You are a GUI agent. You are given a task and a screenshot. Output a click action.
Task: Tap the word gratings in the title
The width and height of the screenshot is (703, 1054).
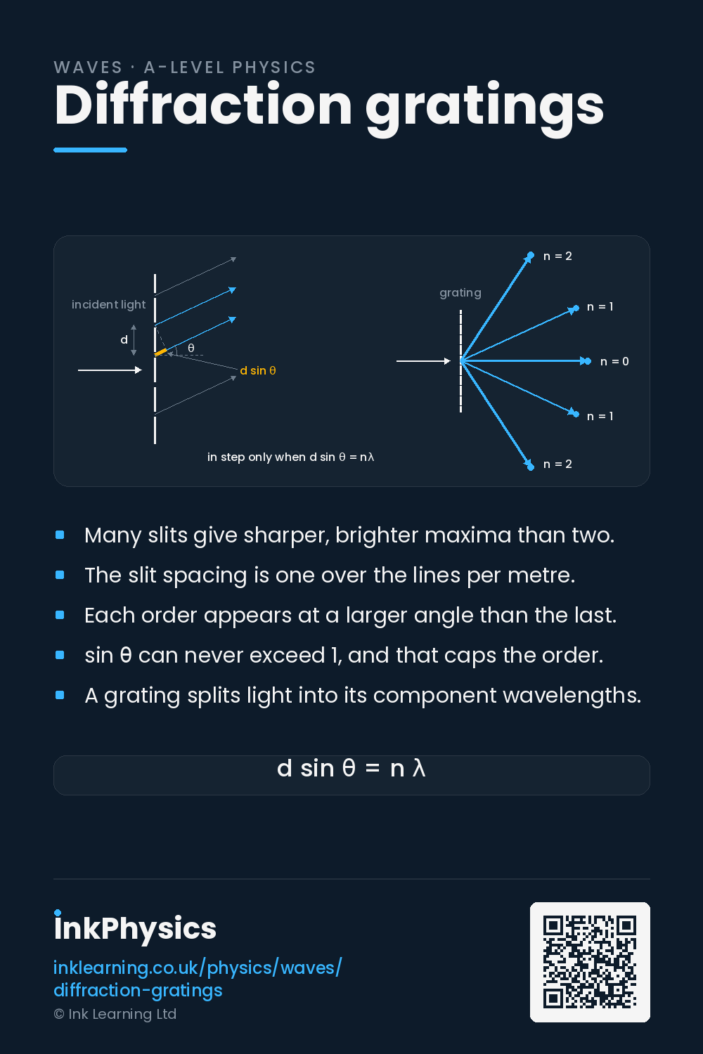[484, 109]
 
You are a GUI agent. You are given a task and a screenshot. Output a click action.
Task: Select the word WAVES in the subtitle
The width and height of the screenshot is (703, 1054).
[88, 67]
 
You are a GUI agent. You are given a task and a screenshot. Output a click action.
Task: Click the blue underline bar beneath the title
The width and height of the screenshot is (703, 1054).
[91, 150]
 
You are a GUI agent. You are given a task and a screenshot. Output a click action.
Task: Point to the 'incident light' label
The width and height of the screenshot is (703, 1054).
[109, 304]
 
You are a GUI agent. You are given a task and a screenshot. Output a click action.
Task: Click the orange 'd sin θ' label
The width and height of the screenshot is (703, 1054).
[258, 371]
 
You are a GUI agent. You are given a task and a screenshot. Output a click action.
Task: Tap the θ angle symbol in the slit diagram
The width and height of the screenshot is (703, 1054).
[191, 348]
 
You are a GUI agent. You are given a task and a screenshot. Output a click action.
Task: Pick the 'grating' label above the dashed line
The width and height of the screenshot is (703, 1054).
[460, 293]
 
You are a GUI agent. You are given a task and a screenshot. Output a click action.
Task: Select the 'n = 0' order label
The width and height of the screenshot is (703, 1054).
[614, 361]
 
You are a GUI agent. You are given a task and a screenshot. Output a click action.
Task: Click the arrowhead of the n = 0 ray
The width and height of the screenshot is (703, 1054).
[586, 361]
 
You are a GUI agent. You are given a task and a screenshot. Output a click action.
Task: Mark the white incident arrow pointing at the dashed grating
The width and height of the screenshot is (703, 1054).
[423, 361]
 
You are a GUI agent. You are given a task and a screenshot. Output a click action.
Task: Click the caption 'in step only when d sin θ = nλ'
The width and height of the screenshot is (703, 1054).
[290, 457]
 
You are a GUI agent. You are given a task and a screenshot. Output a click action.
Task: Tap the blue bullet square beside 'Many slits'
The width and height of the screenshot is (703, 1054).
[60, 535]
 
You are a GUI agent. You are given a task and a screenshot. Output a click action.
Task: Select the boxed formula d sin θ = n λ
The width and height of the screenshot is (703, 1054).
[351, 769]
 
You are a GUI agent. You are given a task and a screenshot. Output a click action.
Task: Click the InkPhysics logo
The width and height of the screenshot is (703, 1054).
[135, 928]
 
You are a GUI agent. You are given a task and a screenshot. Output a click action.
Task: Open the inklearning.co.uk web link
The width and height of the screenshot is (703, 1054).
[198, 979]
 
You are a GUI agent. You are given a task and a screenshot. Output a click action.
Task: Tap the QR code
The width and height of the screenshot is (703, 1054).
[590, 962]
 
